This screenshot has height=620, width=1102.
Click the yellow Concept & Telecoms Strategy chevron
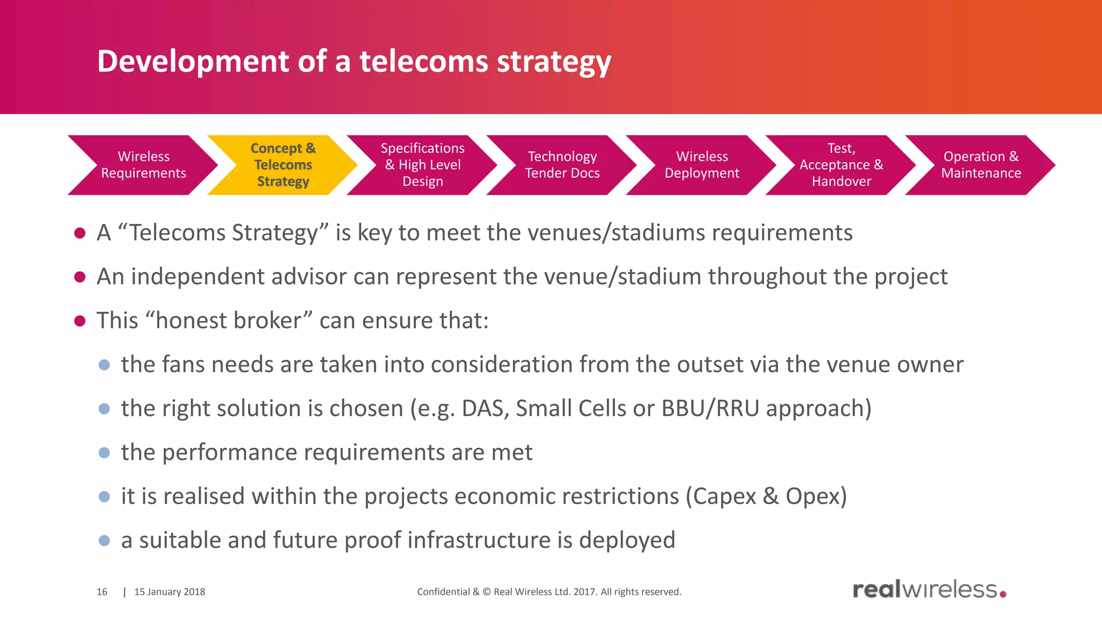pos(283,165)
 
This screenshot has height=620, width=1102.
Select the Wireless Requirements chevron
pos(144,165)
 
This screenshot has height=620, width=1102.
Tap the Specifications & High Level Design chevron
pos(423,165)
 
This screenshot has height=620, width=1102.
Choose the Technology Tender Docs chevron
pos(562,165)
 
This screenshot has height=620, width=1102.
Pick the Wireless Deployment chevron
pos(702,165)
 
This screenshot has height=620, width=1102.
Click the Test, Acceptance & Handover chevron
pos(841,165)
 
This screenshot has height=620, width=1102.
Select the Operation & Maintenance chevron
pos(980,165)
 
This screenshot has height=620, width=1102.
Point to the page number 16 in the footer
pos(102,592)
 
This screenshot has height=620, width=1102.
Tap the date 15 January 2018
pos(169,592)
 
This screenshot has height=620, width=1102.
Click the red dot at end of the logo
pos(1003,594)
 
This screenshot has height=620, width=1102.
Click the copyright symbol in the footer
pos(486,592)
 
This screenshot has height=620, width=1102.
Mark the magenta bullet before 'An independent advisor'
pos(80,277)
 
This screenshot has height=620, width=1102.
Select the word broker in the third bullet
pos(267,321)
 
